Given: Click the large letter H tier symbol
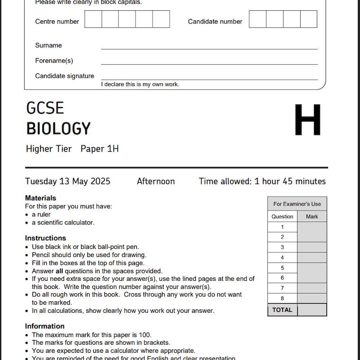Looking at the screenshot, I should (308, 120).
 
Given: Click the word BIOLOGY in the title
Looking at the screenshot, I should (58, 129).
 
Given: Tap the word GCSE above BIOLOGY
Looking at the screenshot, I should (45, 108).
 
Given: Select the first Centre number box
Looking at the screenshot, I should (93, 19).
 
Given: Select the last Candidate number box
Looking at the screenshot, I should (309, 19).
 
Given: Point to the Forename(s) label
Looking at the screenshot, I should (54, 61).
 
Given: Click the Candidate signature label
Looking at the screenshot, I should (64, 76).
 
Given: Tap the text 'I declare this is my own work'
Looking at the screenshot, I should (140, 84).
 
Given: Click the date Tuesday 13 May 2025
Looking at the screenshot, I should (67, 181).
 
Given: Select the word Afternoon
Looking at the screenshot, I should (156, 181).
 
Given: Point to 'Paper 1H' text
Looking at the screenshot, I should (99, 149).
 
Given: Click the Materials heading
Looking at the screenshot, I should (40, 198).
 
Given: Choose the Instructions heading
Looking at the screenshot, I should (45, 238).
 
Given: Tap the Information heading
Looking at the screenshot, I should (45, 326).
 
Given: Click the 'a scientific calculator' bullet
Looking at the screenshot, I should (63, 222).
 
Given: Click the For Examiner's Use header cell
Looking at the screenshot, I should (297, 204).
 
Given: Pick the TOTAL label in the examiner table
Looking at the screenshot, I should (282, 310).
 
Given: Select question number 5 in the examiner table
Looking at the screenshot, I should (282, 268).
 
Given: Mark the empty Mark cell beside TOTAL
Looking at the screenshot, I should (312, 310).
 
